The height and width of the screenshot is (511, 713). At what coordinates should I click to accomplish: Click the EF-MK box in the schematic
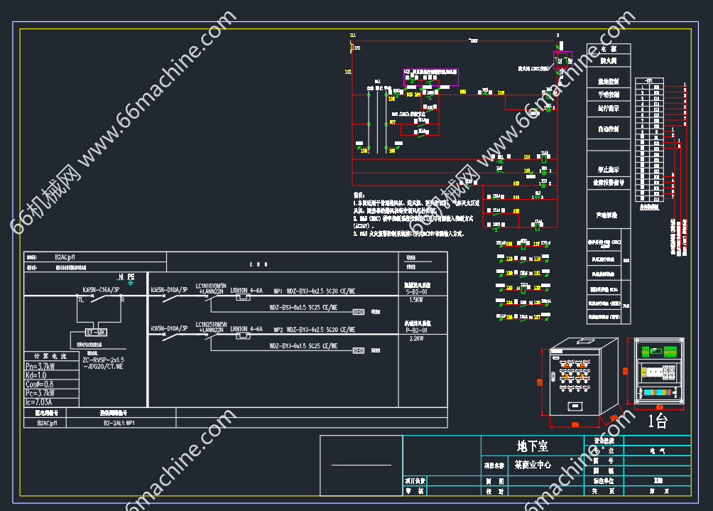95,332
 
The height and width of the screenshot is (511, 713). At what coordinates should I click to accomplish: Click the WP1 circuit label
278,290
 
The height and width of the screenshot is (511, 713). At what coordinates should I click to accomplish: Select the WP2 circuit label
278,329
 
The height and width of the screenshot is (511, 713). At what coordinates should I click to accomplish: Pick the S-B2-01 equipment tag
416,291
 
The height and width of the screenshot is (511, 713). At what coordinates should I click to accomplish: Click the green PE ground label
131,276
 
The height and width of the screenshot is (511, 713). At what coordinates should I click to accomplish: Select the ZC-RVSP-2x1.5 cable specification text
104,360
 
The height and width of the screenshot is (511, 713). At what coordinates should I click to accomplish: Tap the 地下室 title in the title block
532,446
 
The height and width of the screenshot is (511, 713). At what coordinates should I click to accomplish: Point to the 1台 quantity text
658,421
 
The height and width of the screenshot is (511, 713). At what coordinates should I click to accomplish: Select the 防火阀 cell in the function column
608,61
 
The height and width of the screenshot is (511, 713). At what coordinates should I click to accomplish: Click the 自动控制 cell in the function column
608,129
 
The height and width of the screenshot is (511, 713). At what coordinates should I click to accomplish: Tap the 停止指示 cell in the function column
608,170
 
